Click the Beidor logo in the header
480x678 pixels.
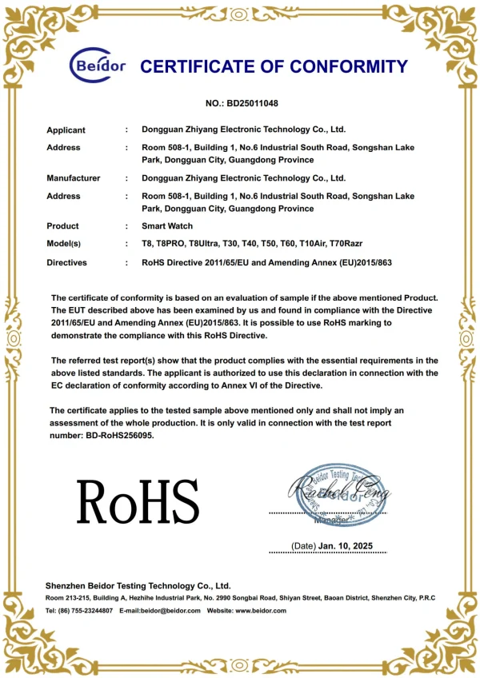pyautogui.click(x=98, y=66)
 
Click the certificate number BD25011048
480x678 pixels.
pyautogui.click(x=254, y=104)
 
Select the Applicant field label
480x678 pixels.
pyautogui.click(x=66, y=130)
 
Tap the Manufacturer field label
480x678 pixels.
pyautogui.click(x=73, y=178)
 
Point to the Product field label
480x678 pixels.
pyautogui.click(x=62, y=226)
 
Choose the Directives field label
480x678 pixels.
pyautogui.click(x=66, y=262)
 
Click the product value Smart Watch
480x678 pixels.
pyautogui.click(x=167, y=226)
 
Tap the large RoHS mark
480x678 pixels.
pyautogui.click(x=138, y=502)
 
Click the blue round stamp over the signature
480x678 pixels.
pyautogui.click(x=342, y=494)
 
